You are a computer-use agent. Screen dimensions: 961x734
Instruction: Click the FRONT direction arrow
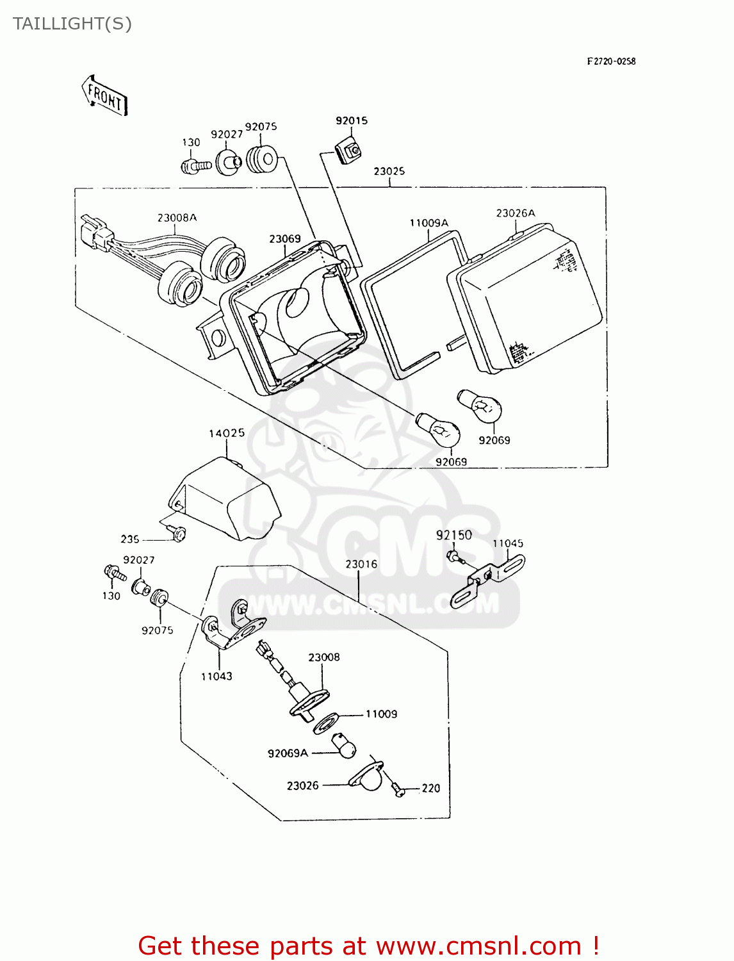coord(105,95)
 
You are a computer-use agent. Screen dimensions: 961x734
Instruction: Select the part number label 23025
coord(389,172)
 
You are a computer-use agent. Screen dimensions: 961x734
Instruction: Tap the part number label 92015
coord(352,120)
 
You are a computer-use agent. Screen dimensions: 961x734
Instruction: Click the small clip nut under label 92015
coord(350,151)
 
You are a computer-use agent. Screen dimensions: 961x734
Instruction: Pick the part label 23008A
coord(177,218)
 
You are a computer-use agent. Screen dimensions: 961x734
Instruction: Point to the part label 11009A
coord(429,223)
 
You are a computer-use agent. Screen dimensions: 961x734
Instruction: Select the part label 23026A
coord(516,213)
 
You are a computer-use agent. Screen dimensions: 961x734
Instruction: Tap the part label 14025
coord(227,433)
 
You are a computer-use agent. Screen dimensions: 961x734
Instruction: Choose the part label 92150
coord(454,535)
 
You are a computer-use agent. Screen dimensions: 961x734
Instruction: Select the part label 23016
coord(361,564)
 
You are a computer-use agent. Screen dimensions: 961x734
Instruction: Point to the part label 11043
coord(216,676)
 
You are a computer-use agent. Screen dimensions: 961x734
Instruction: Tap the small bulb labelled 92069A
coord(344,746)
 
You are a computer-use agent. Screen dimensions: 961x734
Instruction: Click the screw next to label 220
coord(398,789)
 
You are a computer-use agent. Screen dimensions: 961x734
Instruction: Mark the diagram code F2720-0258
coord(611,62)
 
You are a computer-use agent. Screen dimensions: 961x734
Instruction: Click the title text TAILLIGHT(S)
coord(72,24)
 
